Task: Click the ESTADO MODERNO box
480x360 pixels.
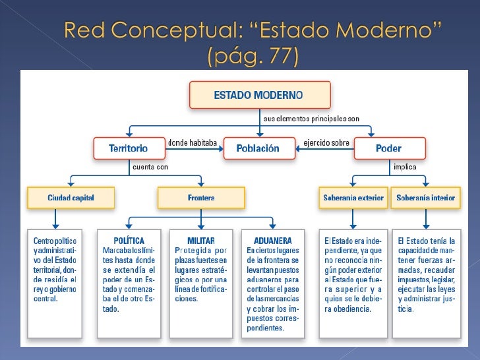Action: point(258,95)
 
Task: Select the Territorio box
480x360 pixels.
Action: point(128,148)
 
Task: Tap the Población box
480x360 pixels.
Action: point(258,148)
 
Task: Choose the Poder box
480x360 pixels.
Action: point(388,148)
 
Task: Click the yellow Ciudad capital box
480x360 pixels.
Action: point(71,198)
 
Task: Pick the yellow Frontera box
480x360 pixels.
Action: point(201,198)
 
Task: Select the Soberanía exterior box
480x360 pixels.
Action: point(353,198)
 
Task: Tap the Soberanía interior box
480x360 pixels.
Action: point(425,198)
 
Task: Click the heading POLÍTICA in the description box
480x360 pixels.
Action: point(129,241)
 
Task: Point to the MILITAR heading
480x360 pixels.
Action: point(201,241)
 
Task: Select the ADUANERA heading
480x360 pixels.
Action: point(274,241)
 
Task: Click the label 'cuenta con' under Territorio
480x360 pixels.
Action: point(150,167)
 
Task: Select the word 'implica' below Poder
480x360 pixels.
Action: point(404,167)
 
